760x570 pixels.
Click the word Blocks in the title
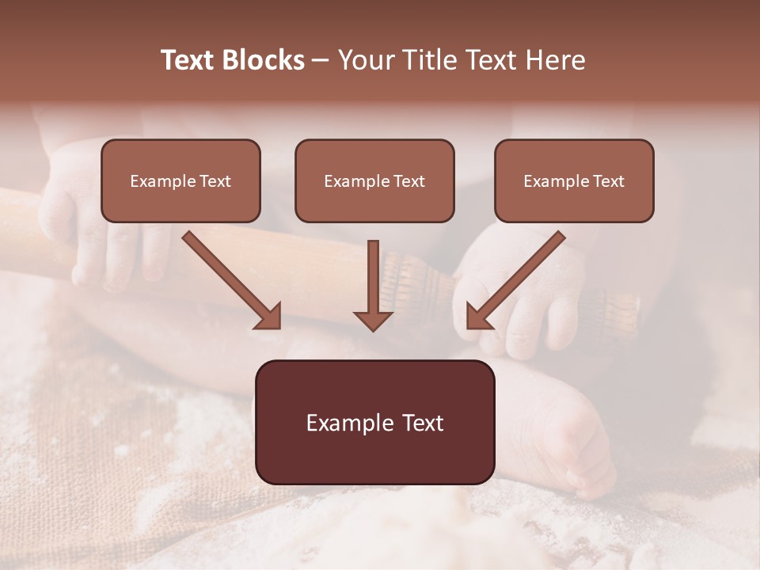click(x=262, y=60)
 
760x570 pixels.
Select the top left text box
click(x=180, y=180)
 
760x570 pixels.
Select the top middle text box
click(x=374, y=180)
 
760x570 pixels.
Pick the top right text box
click(x=574, y=180)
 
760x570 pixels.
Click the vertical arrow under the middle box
click(x=373, y=277)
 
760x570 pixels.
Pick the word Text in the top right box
click(x=608, y=181)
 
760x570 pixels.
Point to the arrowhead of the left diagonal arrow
click(x=269, y=317)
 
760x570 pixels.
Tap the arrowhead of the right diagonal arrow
click(x=478, y=317)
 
